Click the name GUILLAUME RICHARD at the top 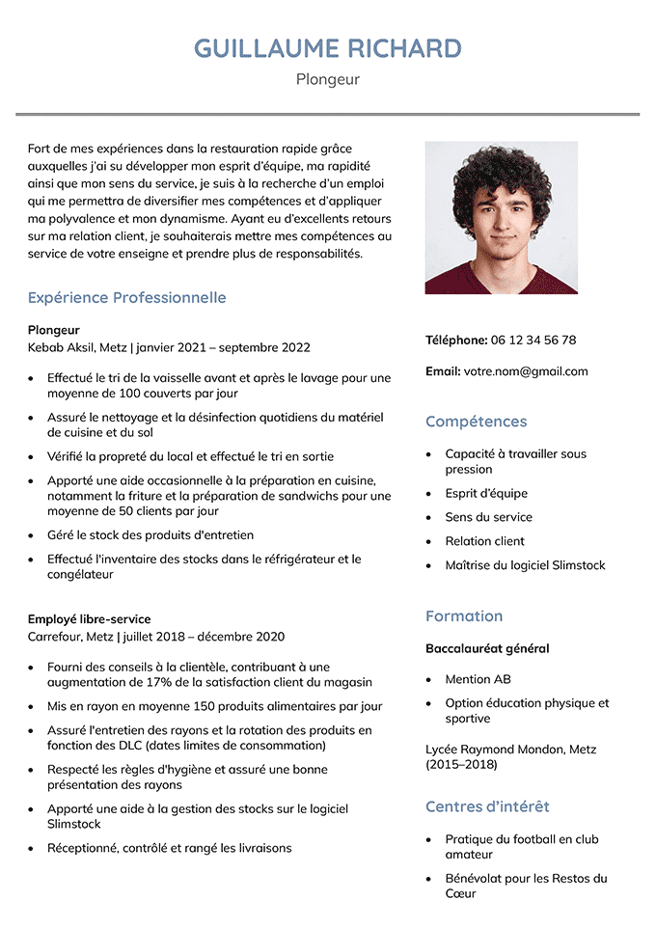(328, 48)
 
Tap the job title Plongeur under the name (328, 79)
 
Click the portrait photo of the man (501, 218)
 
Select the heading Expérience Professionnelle (126, 297)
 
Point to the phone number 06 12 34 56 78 (533, 340)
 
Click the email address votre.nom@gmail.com (525, 370)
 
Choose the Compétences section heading (476, 422)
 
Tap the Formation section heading (464, 616)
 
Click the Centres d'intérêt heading (487, 806)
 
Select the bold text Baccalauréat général (487, 648)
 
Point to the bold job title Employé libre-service (89, 619)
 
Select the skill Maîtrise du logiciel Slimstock (525, 565)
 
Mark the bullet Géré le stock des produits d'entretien (150, 534)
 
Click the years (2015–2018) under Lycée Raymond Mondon (461, 765)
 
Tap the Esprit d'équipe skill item (486, 493)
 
